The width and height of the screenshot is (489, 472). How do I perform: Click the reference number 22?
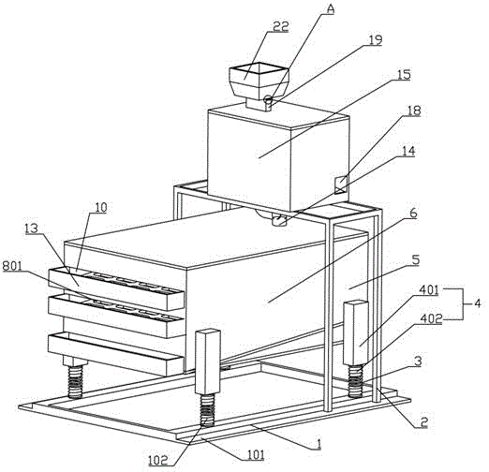tap(280, 26)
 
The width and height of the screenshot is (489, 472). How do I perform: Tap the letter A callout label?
tap(330, 9)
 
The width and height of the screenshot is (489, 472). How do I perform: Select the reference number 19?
tap(375, 40)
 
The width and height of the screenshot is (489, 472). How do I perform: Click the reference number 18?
tap(414, 111)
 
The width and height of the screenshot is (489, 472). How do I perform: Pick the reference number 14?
tap(408, 151)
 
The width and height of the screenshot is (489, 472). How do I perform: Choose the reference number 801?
tap(12, 266)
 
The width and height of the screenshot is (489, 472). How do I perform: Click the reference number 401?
tap(428, 290)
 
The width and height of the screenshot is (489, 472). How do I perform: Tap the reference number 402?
tap(431, 318)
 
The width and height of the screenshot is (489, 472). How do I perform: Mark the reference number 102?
tap(158, 460)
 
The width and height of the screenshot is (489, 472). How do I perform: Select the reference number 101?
tap(254, 454)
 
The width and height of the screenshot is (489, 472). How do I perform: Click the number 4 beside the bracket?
tap(478, 303)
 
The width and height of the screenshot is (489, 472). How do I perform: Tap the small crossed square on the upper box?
tap(341, 184)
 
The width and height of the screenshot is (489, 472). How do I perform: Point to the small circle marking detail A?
tap(268, 100)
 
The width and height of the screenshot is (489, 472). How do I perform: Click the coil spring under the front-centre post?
tap(207, 410)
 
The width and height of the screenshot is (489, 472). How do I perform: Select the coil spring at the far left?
tap(75, 382)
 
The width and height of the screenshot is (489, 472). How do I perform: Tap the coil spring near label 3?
tap(356, 380)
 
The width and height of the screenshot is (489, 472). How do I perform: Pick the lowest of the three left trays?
tap(115, 354)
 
